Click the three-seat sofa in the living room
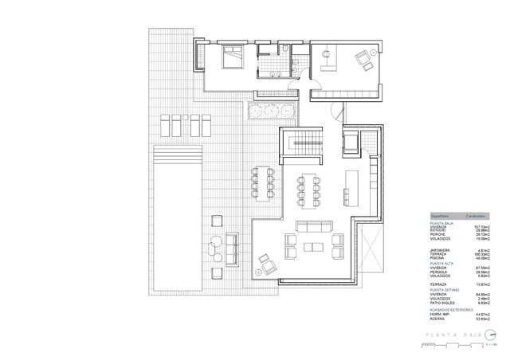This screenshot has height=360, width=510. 313,227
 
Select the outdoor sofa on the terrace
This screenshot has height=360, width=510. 233,249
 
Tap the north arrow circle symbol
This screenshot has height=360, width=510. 491,335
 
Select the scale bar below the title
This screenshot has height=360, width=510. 454,346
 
